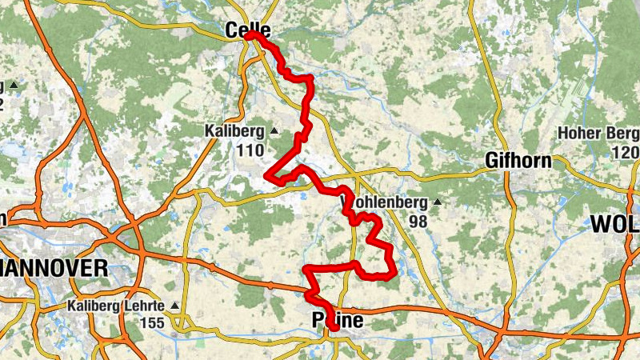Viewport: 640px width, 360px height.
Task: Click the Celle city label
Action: point(248,30)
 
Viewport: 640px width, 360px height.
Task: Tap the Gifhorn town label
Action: point(518,161)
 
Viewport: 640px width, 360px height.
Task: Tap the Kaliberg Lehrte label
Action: point(116,306)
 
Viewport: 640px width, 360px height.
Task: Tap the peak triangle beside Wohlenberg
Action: point(438,202)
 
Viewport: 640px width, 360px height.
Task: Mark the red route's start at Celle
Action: point(250,34)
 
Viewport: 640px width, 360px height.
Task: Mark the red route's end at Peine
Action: point(334,327)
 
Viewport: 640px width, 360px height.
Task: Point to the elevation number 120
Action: point(625,152)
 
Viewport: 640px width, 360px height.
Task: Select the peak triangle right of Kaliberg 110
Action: point(274,130)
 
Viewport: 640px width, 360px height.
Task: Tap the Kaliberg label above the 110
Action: point(235,130)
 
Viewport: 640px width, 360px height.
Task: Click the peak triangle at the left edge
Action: point(14,85)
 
